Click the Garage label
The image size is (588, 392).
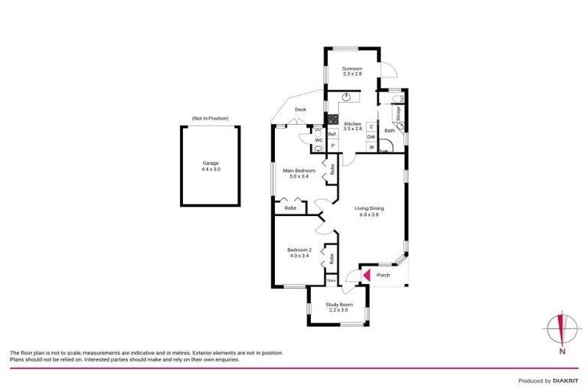point(211,163)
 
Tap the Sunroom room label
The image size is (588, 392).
point(351,70)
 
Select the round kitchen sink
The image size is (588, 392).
point(349,96)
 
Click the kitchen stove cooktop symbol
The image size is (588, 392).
point(333,119)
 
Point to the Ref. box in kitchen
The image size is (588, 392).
point(332,135)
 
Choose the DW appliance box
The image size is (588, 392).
point(371,136)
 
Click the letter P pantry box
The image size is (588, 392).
point(332,145)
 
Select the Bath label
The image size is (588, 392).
point(389,130)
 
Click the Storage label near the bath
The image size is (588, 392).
point(398,113)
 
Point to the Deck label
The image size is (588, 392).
point(301,109)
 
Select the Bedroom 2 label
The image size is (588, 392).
point(299,250)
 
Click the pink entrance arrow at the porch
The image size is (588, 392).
point(365,275)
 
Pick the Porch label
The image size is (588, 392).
point(383,275)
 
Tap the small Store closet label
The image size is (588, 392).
point(332,281)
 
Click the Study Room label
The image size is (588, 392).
point(338,304)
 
